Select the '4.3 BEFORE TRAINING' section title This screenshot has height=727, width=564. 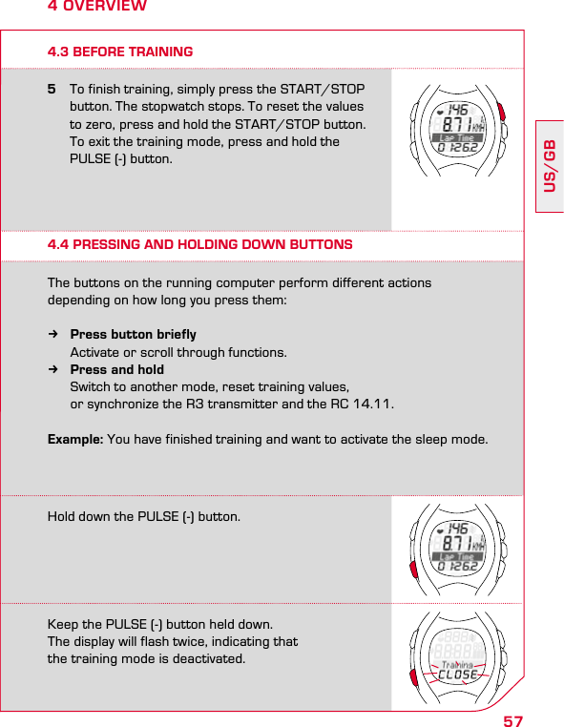120,52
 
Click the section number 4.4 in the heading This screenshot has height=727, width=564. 59,245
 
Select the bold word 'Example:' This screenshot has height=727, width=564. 75,439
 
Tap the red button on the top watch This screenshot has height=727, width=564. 501,108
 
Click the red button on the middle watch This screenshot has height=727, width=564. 413,571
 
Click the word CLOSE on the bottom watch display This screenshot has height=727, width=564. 458,675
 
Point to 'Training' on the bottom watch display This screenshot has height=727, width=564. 457,664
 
